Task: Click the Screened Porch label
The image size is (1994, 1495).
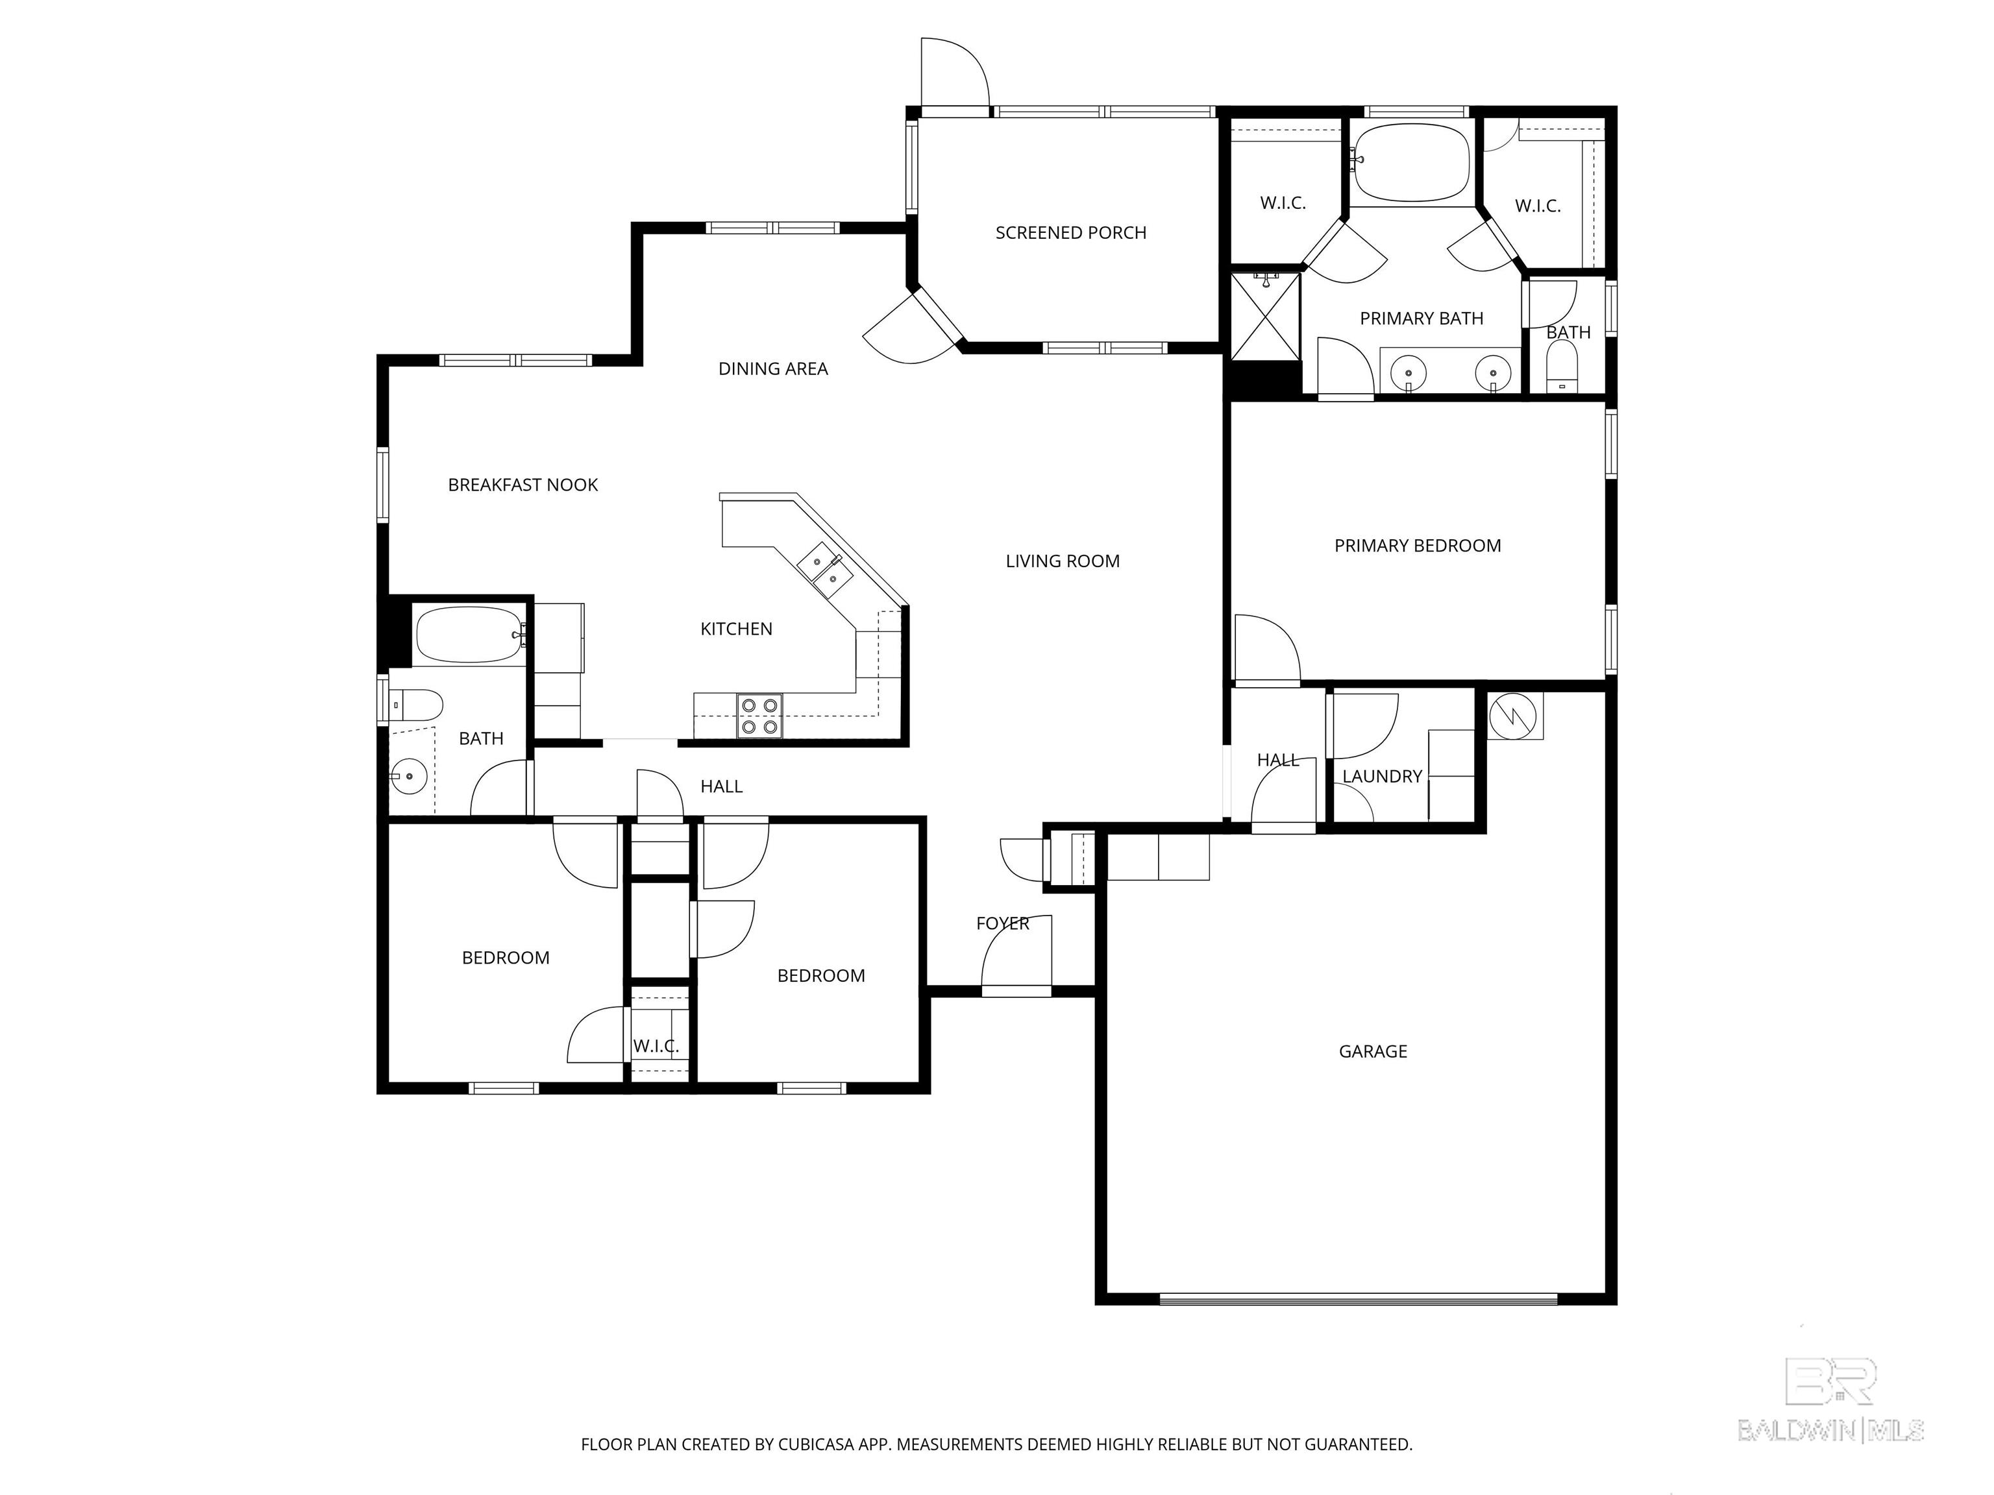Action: [x=1071, y=232]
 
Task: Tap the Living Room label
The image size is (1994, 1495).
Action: [x=1063, y=561]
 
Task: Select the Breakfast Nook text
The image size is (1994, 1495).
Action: [x=523, y=485]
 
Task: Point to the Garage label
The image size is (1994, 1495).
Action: [x=1373, y=1051]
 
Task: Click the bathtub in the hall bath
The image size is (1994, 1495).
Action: [x=469, y=635]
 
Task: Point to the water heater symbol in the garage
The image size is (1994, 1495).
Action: [x=1514, y=716]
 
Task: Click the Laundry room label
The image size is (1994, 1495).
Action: [x=1382, y=776]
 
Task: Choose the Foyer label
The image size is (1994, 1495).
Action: [x=1002, y=924]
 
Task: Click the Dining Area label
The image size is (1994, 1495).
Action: [x=772, y=369]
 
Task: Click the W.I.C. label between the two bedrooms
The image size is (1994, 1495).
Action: [x=656, y=1046]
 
